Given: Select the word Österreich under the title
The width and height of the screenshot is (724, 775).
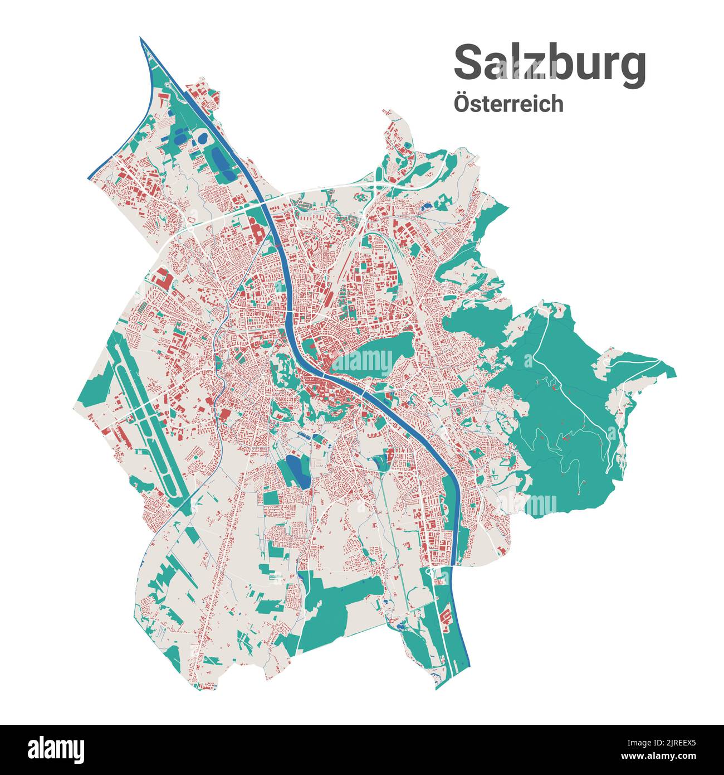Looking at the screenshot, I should (508, 104).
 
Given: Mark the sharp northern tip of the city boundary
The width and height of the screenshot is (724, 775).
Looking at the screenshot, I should (140, 39).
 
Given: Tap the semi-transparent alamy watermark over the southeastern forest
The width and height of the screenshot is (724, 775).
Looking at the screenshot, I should (526, 505).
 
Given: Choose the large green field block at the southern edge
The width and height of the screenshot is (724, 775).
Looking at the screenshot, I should (334, 605).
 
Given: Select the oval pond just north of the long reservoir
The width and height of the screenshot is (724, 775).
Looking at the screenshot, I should (202, 137).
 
